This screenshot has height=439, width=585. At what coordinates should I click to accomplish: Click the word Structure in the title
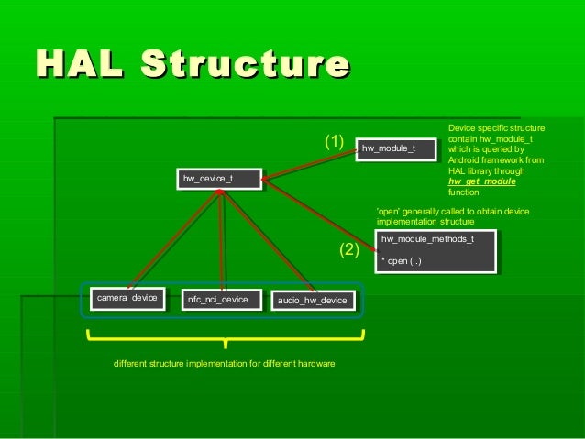tap(245, 65)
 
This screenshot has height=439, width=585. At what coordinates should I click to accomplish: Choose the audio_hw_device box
tap(311, 300)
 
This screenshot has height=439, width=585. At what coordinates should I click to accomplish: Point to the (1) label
tap(333, 143)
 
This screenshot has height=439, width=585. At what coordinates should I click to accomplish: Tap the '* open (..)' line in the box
tap(403, 261)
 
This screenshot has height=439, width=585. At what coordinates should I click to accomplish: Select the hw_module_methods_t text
tap(427, 239)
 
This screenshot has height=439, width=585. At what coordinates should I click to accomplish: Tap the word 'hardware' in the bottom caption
tap(315, 365)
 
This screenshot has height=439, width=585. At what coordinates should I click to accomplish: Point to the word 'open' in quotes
tap(389, 212)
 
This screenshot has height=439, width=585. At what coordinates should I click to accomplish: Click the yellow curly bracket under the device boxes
tap(225, 341)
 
